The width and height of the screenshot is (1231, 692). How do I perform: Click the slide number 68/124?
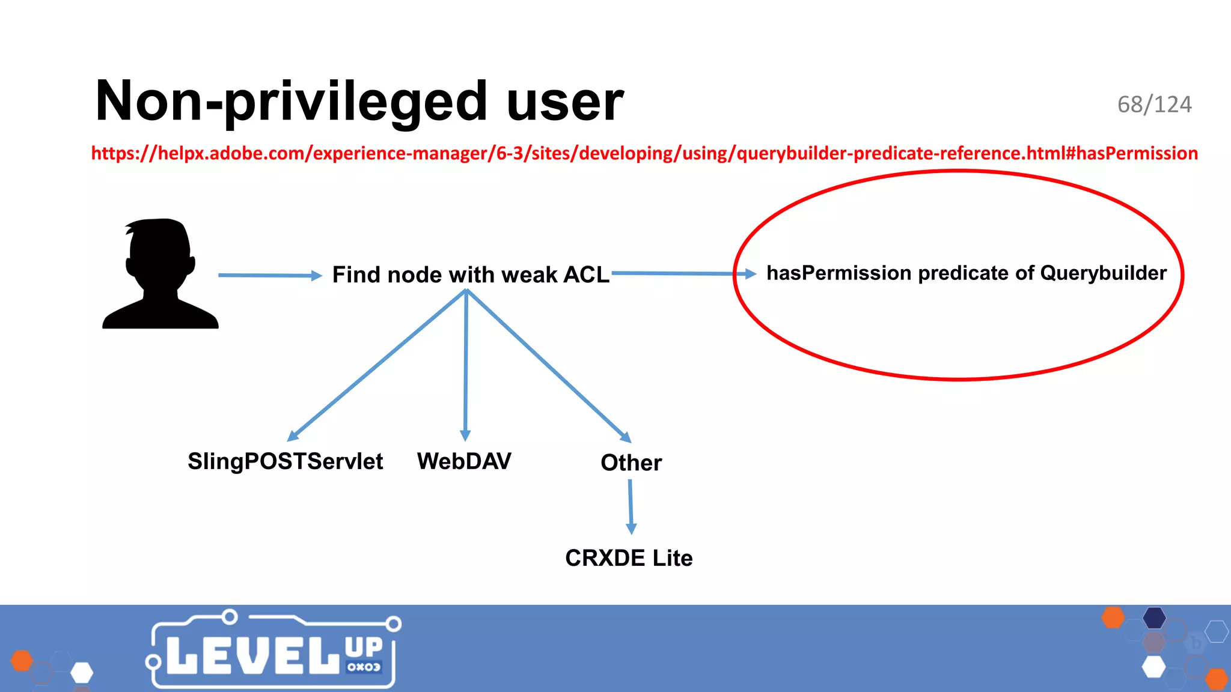pyautogui.click(x=1154, y=105)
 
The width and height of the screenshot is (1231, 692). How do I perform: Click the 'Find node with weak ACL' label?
pyautogui.click(x=471, y=275)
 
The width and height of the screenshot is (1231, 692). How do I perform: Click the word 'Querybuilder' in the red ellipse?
pyautogui.click(x=1103, y=273)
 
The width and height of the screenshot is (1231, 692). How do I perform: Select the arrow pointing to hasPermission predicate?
pyautogui.click(x=682, y=273)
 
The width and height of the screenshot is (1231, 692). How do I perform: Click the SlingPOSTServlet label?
pyautogui.click(x=285, y=461)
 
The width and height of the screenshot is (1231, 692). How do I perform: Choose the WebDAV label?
pyautogui.click(x=464, y=461)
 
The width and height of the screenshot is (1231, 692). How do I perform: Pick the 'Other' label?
pyautogui.click(x=631, y=463)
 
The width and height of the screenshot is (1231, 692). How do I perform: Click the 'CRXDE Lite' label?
pyautogui.click(x=629, y=558)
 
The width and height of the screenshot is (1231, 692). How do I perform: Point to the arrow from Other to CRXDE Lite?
pyautogui.click(x=631, y=506)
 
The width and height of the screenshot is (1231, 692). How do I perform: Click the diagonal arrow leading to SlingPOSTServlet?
pyautogui.click(x=377, y=365)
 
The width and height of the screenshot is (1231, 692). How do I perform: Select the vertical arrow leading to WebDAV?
pyautogui.click(x=465, y=365)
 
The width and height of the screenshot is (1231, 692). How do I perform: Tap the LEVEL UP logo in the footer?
pyautogui.click(x=273, y=652)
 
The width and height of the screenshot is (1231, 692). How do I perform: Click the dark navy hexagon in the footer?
pyautogui.click(x=1154, y=618)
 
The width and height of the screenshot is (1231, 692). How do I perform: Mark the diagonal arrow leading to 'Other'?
pyautogui.click(x=547, y=365)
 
